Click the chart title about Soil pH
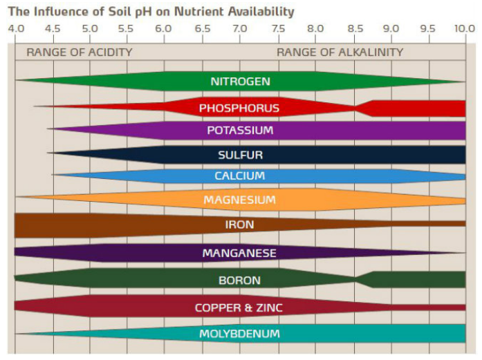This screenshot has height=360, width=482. pyautogui.click(x=151, y=12)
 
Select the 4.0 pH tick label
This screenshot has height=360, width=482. pyautogui.click(x=15, y=29)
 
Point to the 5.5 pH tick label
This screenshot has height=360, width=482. pyautogui.click(x=126, y=29)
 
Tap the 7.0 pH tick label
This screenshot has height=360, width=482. pyautogui.click(x=239, y=29)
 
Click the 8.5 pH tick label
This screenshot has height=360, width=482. pyautogui.click(x=354, y=29)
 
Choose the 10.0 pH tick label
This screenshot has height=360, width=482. pyautogui.click(x=465, y=29)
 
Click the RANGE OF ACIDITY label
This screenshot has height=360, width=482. pyautogui.click(x=79, y=52)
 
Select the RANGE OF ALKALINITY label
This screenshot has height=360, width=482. pyautogui.click(x=340, y=52)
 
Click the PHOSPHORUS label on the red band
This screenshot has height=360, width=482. pyautogui.click(x=239, y=108)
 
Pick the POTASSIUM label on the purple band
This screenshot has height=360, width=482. pyautogui.click(x=240, y=130)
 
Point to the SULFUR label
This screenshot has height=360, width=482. pyautogui.click(x=240, y=155)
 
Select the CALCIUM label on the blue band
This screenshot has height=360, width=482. pyautogui.click(x=239, y=176)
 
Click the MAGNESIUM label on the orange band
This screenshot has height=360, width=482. pyautogui.click(x=239, y=200)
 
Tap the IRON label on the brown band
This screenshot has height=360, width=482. pyautogui.click(x=239, y=225)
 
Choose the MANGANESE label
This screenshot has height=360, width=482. pyautogui.click(x=239, y=254)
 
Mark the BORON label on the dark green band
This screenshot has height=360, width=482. pyautogui.click(x=239, y=281)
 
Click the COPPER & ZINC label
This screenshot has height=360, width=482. pyautogui.click(x=239, y=307)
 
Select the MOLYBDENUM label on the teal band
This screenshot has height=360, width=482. pyautogui.click(x=239, y=334)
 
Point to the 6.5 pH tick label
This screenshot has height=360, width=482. pyautogui.click(x=202, y=29)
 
